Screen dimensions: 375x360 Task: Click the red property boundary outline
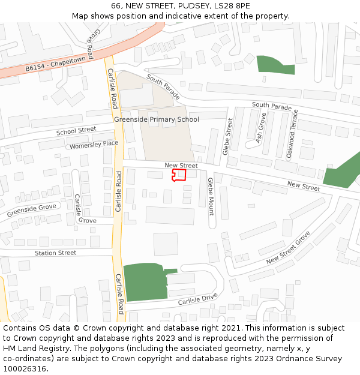point(179,175)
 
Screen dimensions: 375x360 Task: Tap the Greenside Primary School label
point(156,119)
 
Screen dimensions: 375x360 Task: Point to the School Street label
point(76,130)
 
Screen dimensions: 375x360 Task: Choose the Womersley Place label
point(94,144)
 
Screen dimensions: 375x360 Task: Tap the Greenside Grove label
point(31,210)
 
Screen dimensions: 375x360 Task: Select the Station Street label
point(55,253)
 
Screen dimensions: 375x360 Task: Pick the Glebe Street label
point(228,137)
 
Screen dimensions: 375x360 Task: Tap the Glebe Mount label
point(211,196)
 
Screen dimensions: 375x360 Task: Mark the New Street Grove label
point(288,248)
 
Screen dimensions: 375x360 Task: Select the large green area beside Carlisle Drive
point(144,281)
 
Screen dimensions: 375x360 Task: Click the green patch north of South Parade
point(275,65)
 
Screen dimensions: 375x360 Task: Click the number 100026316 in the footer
point(25,368)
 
